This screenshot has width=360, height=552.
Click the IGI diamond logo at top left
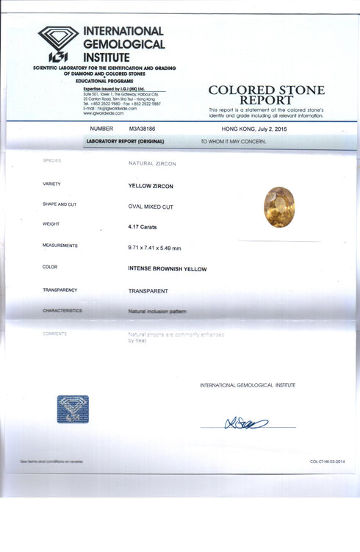58,43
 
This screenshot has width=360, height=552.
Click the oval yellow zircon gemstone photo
279,207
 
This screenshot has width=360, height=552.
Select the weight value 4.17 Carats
142,227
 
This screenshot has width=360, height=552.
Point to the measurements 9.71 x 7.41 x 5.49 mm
154,248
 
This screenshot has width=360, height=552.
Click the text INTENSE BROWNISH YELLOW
168,269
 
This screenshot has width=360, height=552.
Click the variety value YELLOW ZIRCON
151,186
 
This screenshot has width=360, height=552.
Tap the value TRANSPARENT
148,290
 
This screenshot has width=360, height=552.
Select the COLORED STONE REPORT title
266,95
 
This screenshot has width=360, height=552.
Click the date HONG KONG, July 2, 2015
254,129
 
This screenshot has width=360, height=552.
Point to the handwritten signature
246,423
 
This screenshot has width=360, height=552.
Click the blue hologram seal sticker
73,409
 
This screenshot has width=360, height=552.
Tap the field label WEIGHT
51,224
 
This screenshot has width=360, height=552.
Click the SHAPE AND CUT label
60,204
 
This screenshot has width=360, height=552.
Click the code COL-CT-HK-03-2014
327,462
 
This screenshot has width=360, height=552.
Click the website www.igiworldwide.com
104,113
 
